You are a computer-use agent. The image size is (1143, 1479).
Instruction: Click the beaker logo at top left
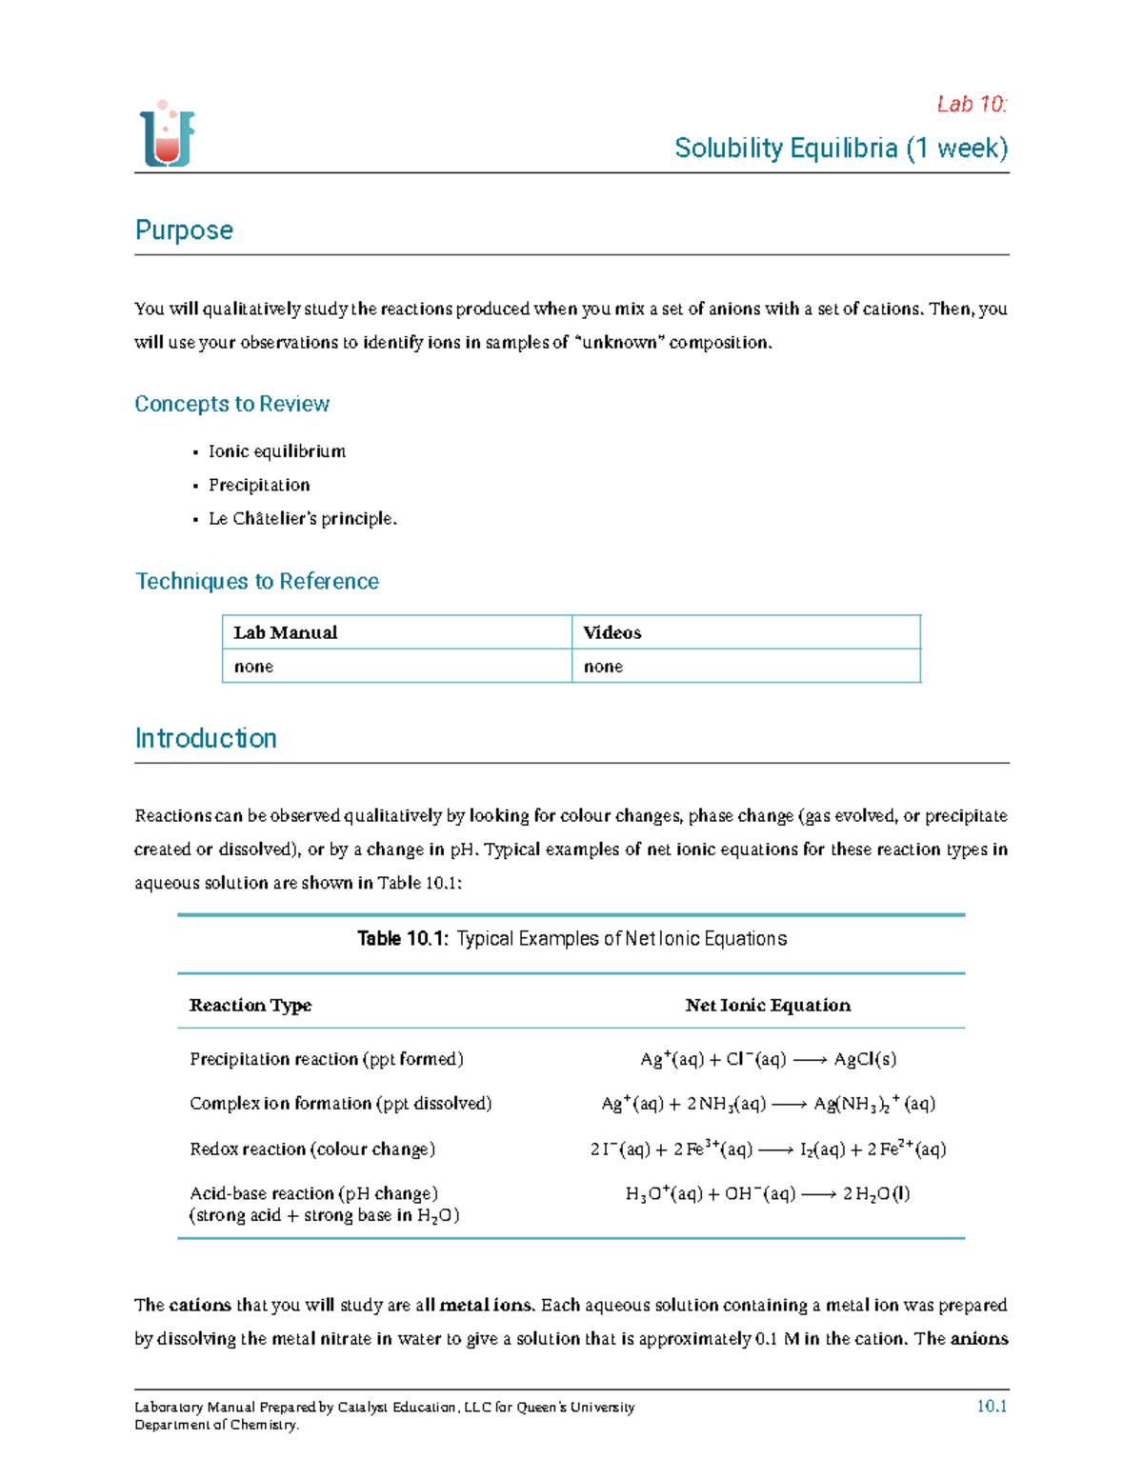[168, 134]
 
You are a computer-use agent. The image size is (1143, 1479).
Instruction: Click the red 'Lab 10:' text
[971, 104]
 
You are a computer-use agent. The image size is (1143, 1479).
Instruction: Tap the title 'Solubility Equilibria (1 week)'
[840, 149]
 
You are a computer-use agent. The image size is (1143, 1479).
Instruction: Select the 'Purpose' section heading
[184, 230]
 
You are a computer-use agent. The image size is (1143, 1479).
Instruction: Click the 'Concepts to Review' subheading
[231, 404]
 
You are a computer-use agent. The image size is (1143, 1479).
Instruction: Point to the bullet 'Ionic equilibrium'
[276, 451]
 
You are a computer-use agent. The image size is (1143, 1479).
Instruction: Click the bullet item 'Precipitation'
[259, 485]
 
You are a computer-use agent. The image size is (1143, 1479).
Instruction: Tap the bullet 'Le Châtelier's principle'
[302, 518]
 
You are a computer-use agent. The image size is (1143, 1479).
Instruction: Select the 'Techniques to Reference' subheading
[257, 581]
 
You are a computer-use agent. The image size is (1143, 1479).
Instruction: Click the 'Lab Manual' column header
[286, 632]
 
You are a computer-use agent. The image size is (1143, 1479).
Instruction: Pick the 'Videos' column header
[612, 632]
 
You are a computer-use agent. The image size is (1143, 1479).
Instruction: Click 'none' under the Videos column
[603, 667]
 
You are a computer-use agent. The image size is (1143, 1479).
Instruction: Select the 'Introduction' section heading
[206, 738]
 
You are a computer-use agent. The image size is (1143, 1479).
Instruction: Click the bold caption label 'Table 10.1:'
[402, 939]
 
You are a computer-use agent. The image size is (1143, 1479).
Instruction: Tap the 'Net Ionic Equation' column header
[768, 1005]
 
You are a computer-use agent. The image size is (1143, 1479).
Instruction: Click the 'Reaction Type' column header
[251, 1005]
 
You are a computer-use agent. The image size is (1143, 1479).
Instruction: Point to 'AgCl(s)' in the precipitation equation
[865, 1059]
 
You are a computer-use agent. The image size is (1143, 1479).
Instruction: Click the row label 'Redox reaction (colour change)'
[312, 1149]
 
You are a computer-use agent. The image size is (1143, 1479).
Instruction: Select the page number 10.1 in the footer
[992, 1407]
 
